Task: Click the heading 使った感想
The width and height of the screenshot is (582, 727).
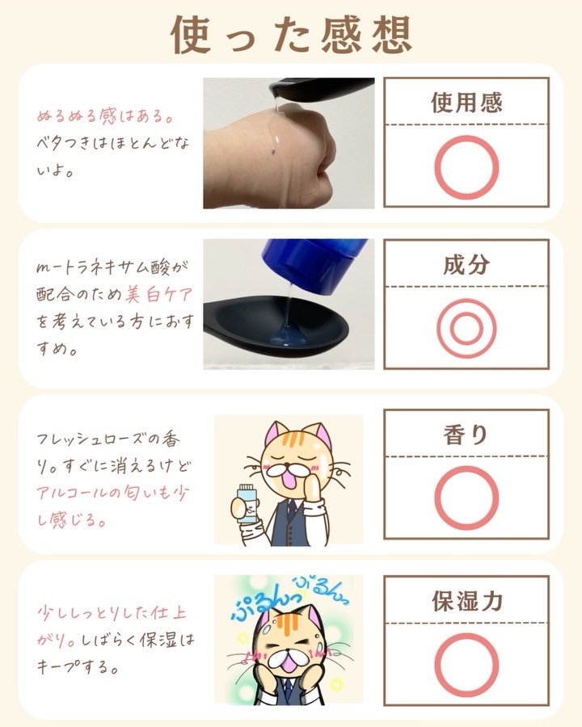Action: [292, 35]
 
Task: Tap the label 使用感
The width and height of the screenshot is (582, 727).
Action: [466, 103]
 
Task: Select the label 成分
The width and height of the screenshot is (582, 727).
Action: [466, 265]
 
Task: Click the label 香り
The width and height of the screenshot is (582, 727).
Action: [466, 435]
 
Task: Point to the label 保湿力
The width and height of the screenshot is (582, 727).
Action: [467, 601]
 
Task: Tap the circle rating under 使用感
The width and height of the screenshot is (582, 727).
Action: [466, 137]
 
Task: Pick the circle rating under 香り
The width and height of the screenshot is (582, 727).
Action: [466, 468]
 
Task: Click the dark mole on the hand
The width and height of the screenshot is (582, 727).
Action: [274, 152]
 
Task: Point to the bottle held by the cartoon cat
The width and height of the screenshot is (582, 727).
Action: [246, 502]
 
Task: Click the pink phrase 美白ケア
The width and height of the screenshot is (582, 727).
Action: [158, 295]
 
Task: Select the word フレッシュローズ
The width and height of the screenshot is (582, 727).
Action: [89, 439]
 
